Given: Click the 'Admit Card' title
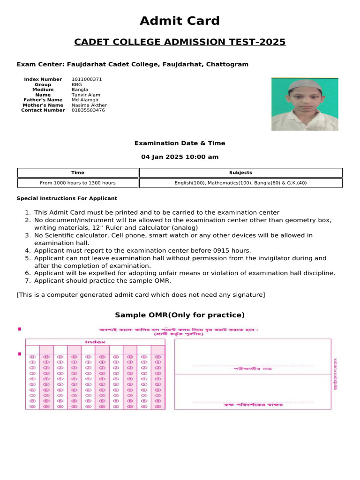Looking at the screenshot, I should pos(180,21).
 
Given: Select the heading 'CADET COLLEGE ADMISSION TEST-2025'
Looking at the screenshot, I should pos(180,42).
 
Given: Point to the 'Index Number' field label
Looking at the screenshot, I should pos(43,79).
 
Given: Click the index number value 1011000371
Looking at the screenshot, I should pos(87,79).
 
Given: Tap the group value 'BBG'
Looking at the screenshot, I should pos(77,84).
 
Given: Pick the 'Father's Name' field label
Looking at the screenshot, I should pos(43,100).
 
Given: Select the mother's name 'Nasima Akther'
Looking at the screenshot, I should pos(89,105).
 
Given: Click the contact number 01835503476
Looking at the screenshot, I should pos(88,110).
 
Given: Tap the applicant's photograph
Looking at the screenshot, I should pos(305,104).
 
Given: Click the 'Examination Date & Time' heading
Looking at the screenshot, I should pos(180,143).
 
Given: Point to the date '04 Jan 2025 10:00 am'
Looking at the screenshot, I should pos(180,157).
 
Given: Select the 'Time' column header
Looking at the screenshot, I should pos(78,172).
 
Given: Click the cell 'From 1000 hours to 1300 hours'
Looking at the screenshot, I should pos(78,183).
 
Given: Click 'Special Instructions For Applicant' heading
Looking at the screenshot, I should pos(67,198).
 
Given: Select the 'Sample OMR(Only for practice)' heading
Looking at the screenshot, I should pos(180,315).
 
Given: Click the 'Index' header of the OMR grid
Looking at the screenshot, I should pos(95,342).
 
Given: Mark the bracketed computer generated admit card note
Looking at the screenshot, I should pos(141,294).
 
